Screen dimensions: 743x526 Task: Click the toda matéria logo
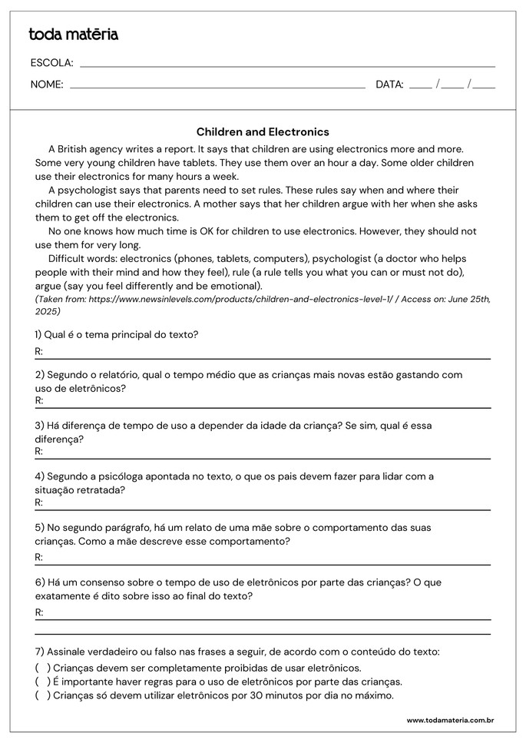73,35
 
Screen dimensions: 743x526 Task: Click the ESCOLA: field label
51,63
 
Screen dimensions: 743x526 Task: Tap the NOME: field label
47,85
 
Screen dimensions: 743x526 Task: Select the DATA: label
389,85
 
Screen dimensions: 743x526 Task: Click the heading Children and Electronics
263,132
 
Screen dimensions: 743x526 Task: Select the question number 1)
39,335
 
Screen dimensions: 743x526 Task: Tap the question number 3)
39,425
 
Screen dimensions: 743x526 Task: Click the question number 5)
39,528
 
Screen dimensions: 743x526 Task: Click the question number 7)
39,652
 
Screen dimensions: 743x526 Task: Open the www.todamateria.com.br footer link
449,721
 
